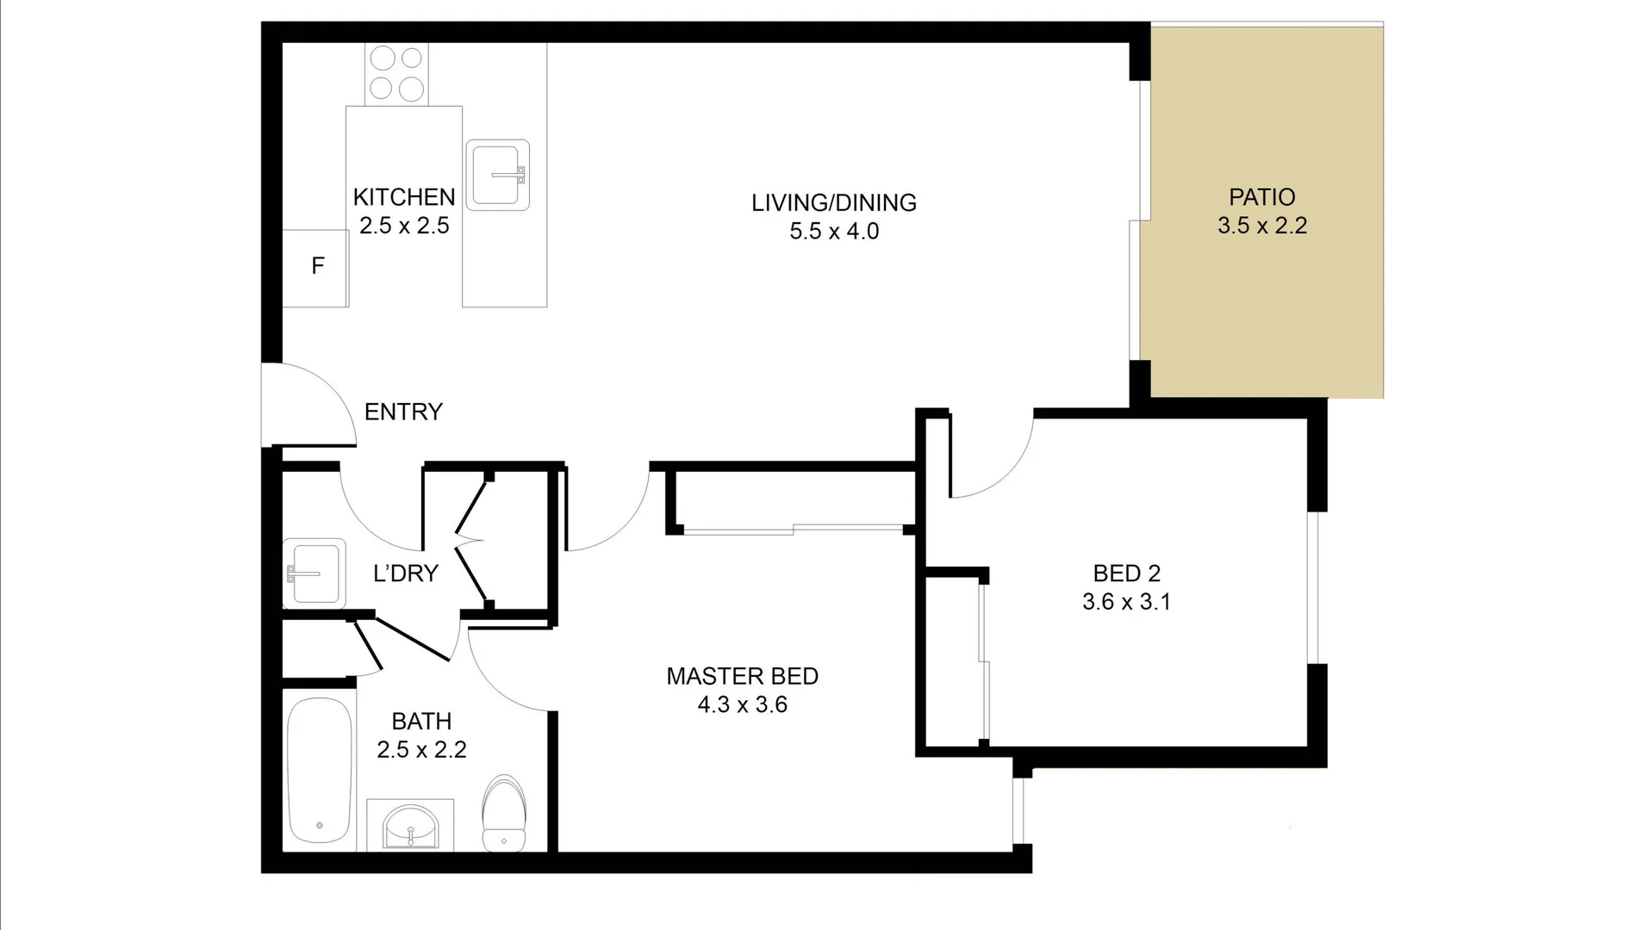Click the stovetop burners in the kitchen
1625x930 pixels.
396,73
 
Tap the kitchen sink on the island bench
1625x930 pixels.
497,176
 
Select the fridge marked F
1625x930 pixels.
315,267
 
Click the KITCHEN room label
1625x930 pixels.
403,197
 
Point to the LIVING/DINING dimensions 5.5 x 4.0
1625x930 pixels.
833,232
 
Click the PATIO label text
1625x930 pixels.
1261,197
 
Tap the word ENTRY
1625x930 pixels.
403,412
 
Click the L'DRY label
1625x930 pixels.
405,573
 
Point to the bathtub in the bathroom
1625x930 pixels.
319,771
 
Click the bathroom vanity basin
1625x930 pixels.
410,826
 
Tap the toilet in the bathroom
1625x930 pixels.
504,814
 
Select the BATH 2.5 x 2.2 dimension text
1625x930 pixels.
421,750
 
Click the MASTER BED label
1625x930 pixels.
742,676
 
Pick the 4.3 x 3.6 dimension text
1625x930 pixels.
742,705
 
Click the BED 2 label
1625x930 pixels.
1126,573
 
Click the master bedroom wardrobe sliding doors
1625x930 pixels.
793,530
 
